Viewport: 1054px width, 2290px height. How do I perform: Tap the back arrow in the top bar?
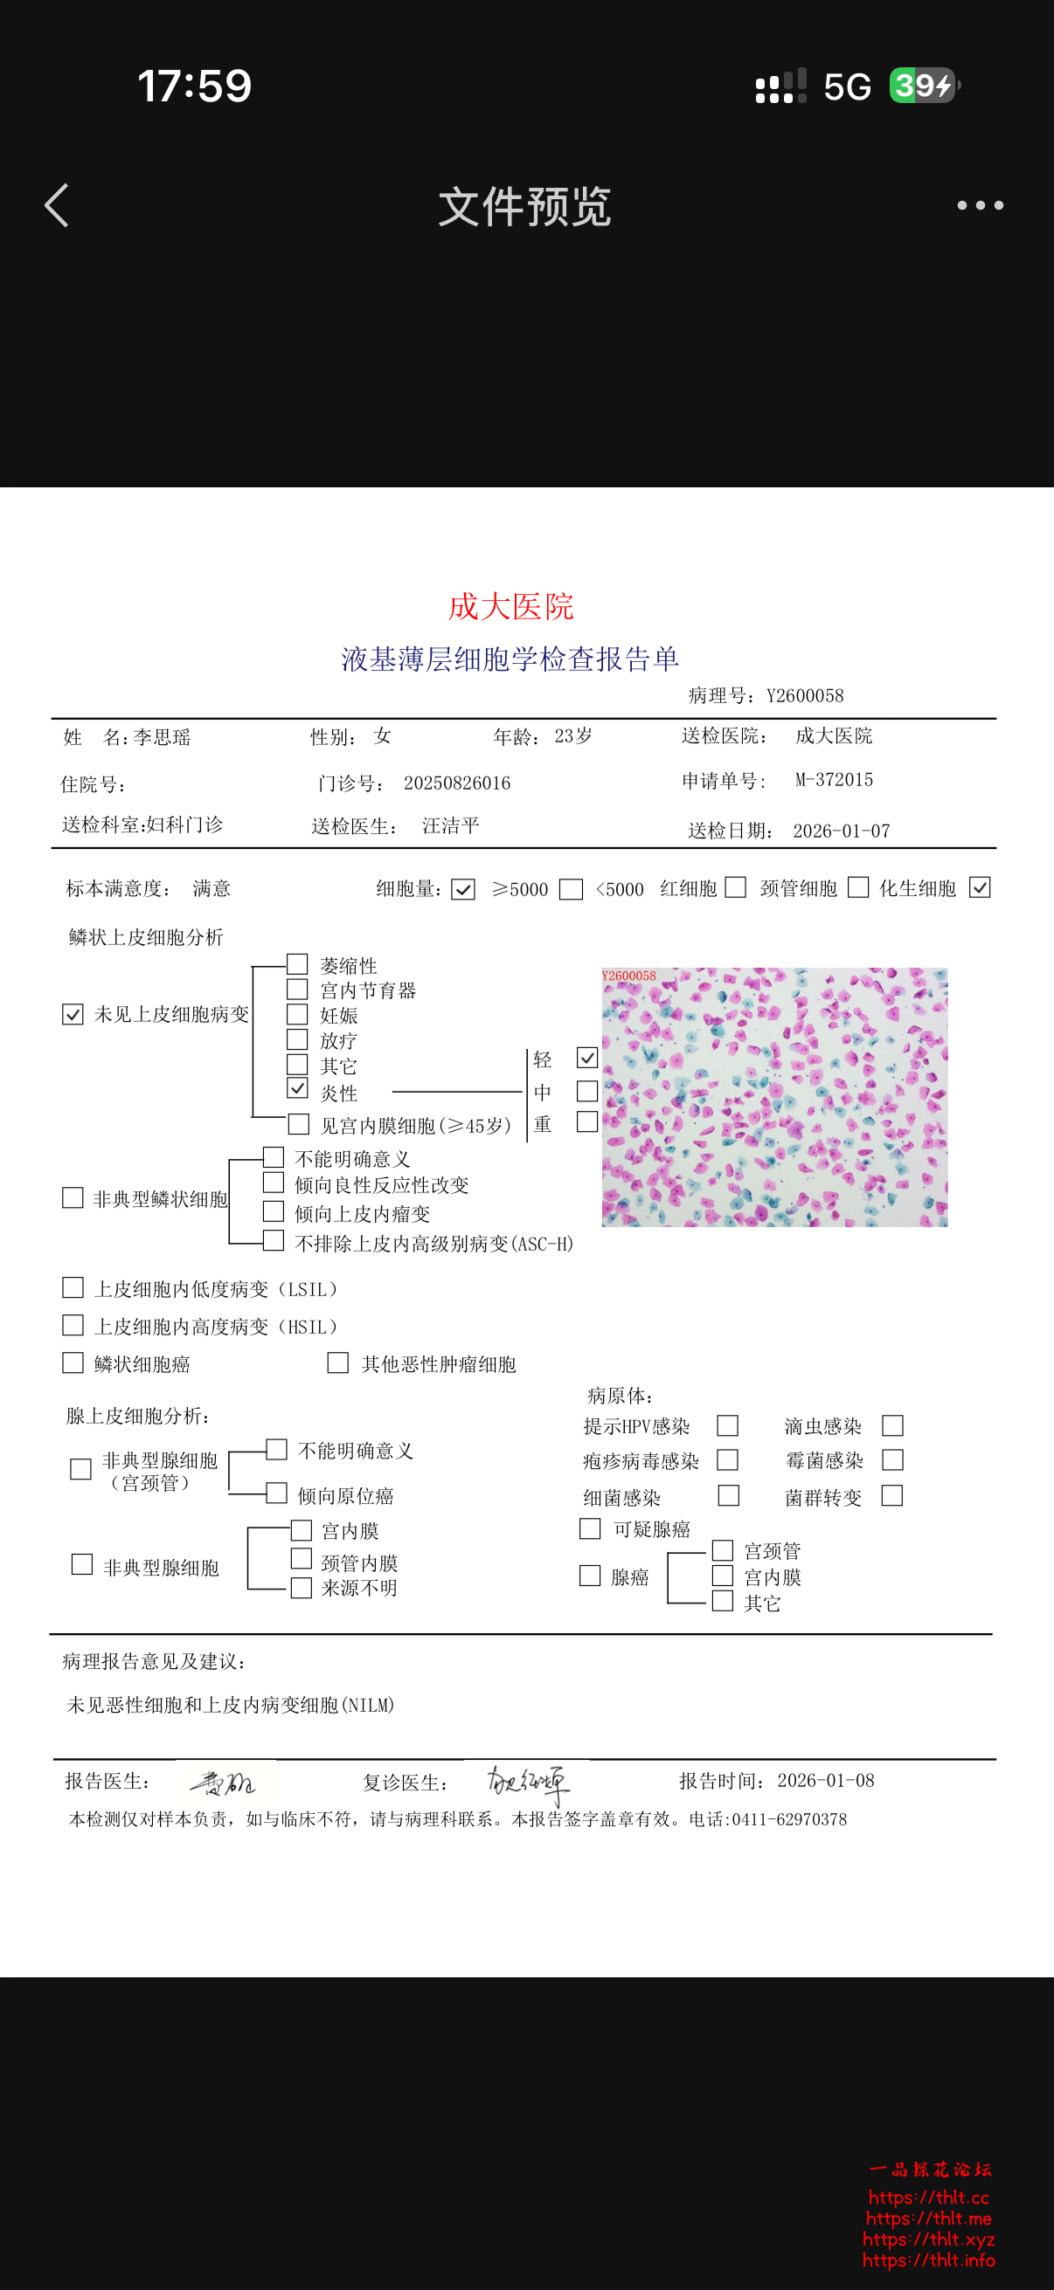coord(57,205)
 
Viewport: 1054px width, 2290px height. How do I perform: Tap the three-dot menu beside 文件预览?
coord(981,205)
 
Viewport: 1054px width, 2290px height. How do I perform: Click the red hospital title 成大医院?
coord(510,607)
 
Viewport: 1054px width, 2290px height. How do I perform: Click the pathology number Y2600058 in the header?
coord(805,696)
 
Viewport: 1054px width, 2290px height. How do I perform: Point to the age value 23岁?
coord(572,736)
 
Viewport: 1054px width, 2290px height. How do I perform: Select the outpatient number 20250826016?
coord(457,783)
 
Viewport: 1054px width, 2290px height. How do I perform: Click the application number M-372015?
coord(834,780)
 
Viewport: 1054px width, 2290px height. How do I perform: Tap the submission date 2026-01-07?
coord(841,831)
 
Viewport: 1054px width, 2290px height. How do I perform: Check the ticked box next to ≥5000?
coord(463,889)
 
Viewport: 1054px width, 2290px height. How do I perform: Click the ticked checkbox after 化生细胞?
coord(980,887)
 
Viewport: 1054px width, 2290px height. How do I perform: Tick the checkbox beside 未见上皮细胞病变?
coord(73,1014)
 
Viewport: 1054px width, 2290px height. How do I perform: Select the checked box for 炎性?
coord(297,1088)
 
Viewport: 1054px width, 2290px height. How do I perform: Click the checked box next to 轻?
coord(587,1058)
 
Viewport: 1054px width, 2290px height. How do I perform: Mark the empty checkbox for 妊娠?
coord(297,1014)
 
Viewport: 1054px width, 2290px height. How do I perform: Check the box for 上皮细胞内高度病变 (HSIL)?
coord(73,1326)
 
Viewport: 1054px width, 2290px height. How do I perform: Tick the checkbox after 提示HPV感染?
coord(727,1426)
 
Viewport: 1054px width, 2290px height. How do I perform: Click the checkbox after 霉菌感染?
coord(892,1460)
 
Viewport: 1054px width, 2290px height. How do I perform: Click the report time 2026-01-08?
coord(825,1781)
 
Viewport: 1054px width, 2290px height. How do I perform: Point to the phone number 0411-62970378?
coord(789,1820)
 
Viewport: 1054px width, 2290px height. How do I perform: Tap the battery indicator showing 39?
coord(922,86)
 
